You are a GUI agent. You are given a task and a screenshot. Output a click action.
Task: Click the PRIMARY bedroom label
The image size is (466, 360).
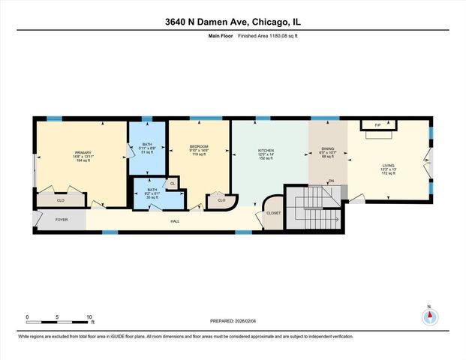pos(83,151)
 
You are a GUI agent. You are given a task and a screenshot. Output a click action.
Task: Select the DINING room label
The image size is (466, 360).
pos(327,148)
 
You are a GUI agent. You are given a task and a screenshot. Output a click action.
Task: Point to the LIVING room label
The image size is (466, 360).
pos(388,166)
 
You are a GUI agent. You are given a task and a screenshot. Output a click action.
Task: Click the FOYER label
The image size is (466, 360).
pos(62,220)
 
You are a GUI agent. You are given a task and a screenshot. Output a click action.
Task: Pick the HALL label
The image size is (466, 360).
pos(175,220)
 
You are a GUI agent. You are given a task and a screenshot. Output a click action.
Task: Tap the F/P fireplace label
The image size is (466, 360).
pos(377,124)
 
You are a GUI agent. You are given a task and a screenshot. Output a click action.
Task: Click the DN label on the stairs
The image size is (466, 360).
pos(331,181)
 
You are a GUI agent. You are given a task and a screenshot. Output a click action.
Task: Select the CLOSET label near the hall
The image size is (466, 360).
pos(273,213)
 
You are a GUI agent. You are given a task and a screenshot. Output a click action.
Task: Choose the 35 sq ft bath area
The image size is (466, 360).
pos(152,198)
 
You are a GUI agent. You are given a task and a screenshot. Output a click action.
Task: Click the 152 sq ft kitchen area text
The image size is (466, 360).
pos(265,158)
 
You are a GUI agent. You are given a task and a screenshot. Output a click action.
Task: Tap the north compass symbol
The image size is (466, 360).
pos(429,316)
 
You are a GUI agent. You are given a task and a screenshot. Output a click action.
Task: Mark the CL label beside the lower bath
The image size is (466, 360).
pos(172,183)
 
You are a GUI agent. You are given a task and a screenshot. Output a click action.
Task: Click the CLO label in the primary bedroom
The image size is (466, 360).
pos(60,200)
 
